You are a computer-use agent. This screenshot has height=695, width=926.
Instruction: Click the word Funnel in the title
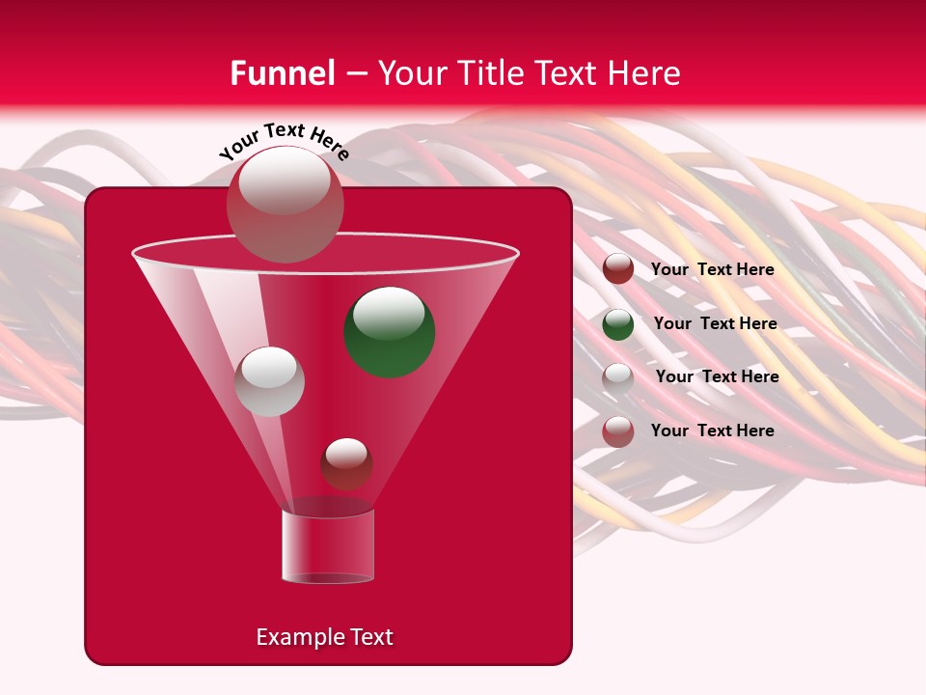283,73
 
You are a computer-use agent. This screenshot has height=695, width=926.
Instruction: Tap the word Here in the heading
644,73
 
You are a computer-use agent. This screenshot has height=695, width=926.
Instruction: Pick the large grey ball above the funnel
285,204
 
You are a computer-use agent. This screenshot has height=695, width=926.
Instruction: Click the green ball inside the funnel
390,331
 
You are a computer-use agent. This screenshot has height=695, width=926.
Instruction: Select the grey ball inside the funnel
269,381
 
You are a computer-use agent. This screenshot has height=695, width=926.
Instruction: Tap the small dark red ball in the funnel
346,463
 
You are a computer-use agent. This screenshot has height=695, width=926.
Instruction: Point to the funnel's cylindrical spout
327,546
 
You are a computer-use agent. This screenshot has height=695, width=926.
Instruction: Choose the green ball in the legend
618,324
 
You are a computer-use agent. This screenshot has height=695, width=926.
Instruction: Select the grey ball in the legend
618,378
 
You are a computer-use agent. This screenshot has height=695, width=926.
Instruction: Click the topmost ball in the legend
618,269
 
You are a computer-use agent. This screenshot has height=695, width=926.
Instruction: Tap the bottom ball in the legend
618,431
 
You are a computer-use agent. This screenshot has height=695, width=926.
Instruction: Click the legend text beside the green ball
715,324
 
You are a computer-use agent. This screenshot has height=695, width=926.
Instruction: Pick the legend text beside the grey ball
717,377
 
